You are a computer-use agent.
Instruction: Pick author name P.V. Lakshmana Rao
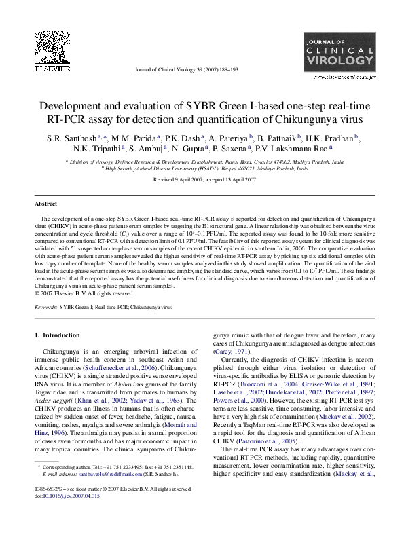[297, 148]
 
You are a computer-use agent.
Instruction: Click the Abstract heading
[46, 204]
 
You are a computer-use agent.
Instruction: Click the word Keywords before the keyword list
[45, 308]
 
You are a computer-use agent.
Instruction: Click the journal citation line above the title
[187, 69]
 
